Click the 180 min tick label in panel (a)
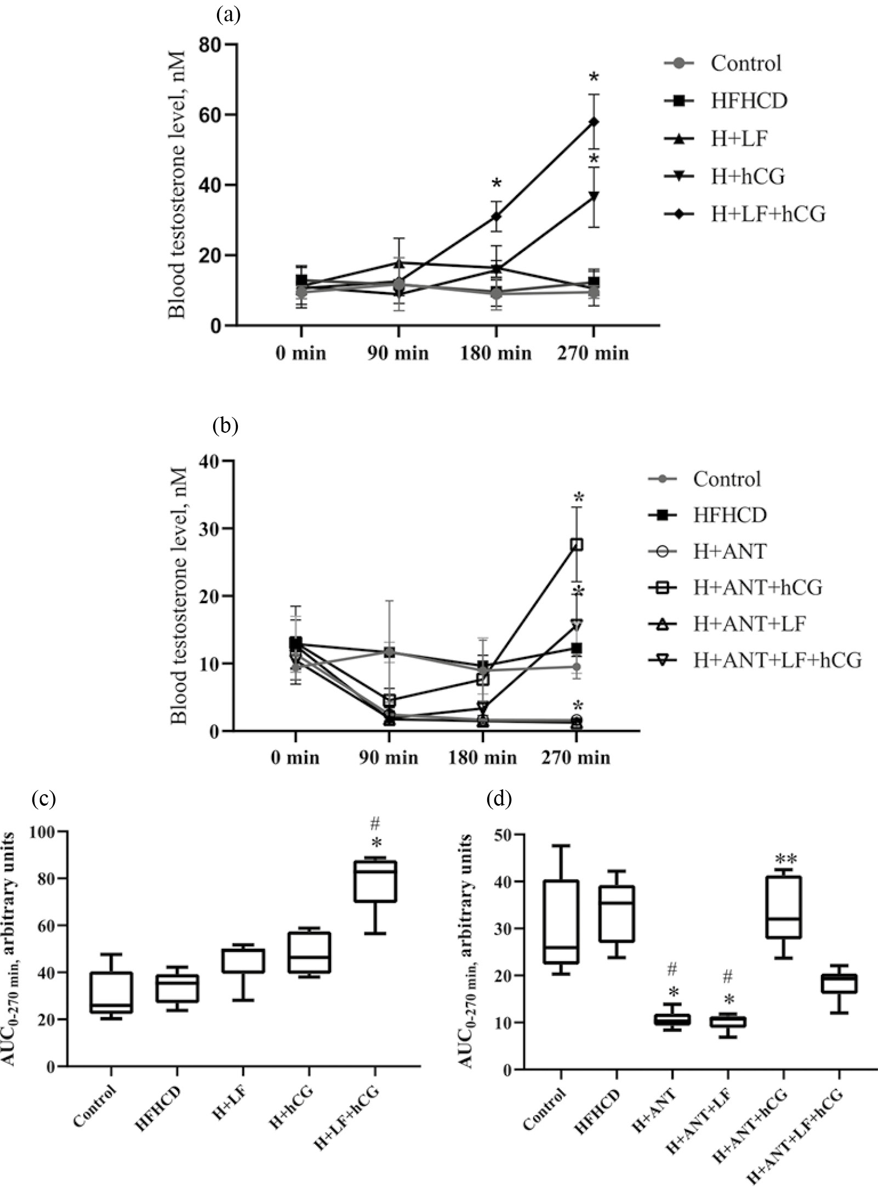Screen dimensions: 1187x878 [x=495, y=353]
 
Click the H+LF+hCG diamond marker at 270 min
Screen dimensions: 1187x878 [x=593, y=122]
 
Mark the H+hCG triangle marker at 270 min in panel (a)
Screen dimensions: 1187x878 [x=593, y=196]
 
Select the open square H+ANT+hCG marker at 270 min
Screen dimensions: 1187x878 [x=577, y=544]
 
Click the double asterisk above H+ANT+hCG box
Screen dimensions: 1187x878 [x=784, y=858]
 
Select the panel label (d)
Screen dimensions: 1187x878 [x=499, y=800]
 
